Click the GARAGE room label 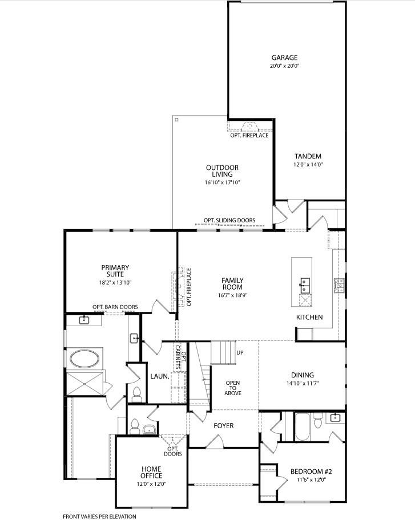pos(284,58)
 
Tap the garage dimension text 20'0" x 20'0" pos(284,66)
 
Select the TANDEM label pos(308,156)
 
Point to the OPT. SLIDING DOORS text pos(229,220)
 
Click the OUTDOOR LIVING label pos(222,171)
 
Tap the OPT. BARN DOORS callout pos(115,307)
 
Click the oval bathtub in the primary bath pos(84,358)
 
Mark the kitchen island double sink pos(304,286)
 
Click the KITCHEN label pos(309,317)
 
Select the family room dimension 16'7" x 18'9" pos(233,295)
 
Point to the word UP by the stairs pos(240,352)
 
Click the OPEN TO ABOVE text pos(233,388)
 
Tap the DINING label pos(302,375)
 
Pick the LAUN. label pos(160,376)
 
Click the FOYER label pos(223,425)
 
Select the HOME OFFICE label pos(151,472)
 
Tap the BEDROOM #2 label pos(311,472)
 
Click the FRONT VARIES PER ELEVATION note pos(99,517)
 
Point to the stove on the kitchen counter pos(339,285)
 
